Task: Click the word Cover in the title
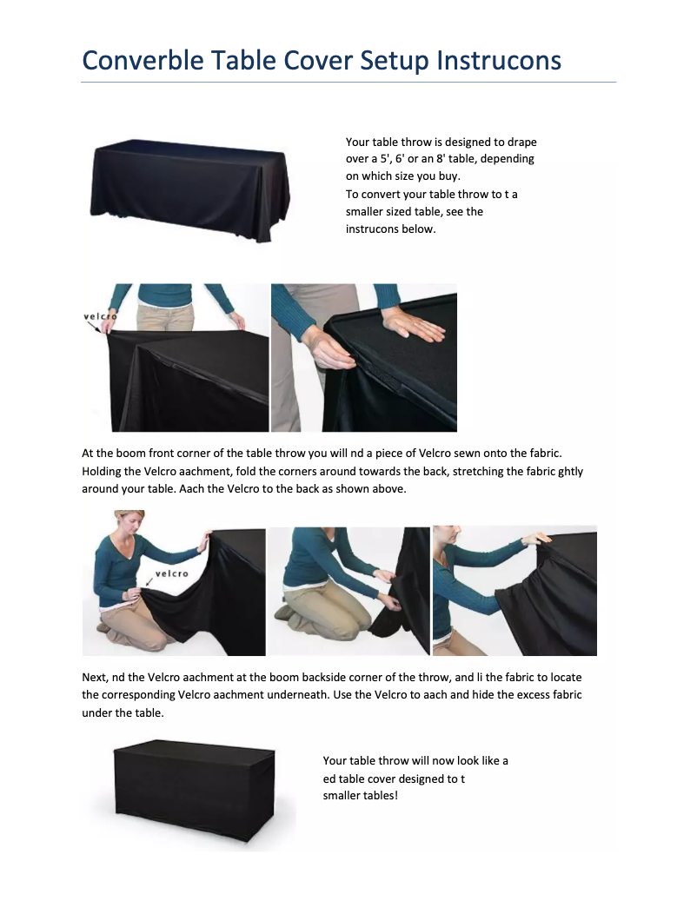pos(315,60)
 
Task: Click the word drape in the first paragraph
pos(521,142)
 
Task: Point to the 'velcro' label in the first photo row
pos(100,316)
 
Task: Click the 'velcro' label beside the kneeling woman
pos(172,573)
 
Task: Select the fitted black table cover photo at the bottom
pos(194,792)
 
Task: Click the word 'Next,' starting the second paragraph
pos(96,678)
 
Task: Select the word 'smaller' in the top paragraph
pos(364,211)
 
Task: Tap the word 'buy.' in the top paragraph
pos(449,176)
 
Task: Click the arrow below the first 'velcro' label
pos(95,327)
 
